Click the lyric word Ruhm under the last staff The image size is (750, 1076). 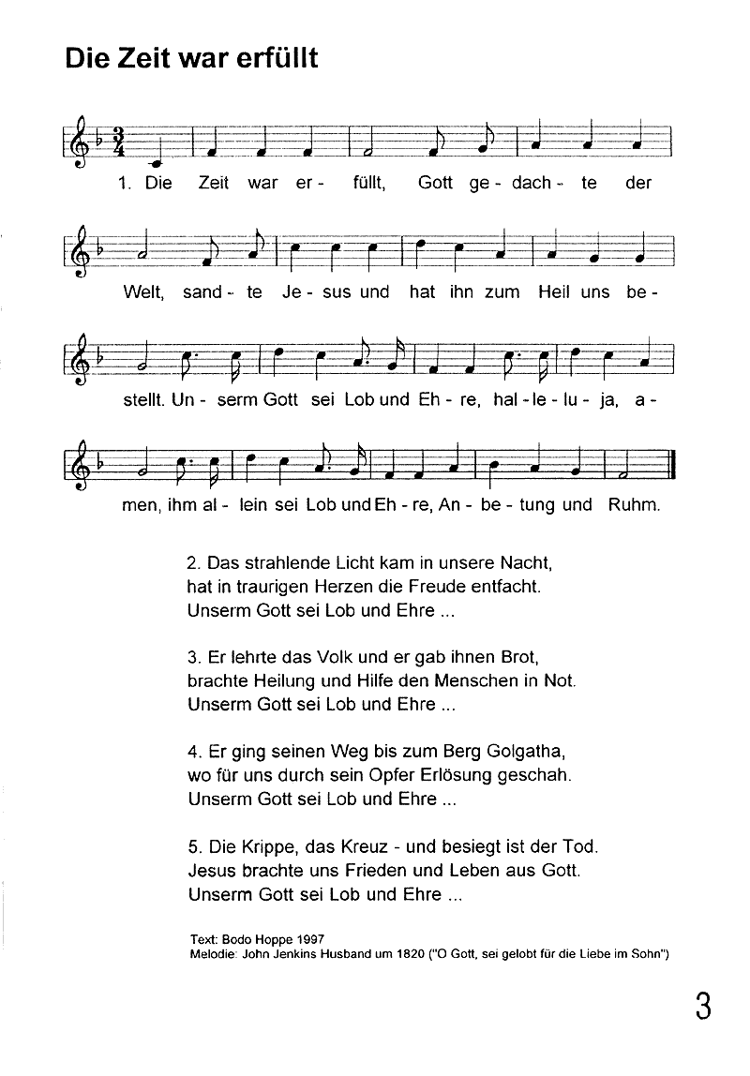click(x=636, y=506)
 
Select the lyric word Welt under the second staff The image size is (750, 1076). click(x=143, y=292)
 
